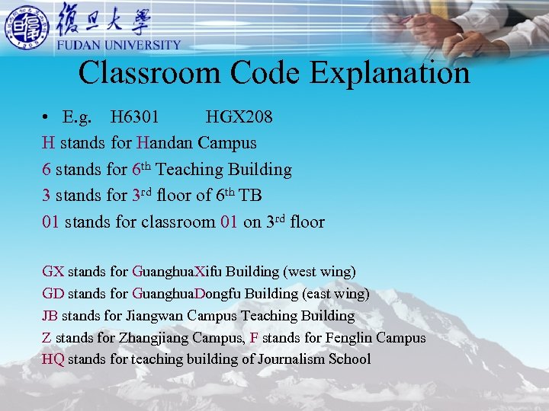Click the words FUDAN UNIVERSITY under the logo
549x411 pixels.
[x=119, y=45]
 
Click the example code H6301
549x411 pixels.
[x=135, y=117]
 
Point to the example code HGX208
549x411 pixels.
[x=239, y=117]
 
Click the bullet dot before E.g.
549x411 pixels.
[x=47, y=118]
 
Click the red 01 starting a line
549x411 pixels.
[x=51, y=222]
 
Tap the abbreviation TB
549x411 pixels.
[x=250, y=196]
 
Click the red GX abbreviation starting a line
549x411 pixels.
[x=53, y=271]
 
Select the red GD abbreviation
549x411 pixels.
[x=53, y=293]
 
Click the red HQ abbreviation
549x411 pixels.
[x=53, y=359]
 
